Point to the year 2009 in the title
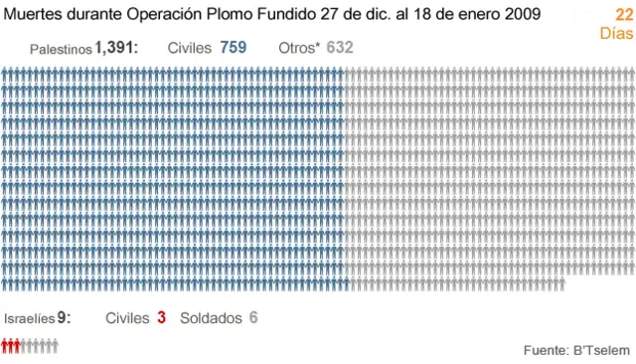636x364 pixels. coord(523,14)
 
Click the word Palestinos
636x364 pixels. coord(62,49)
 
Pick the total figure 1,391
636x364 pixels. coord(115,48)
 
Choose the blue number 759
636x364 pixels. coord(233,48)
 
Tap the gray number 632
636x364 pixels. coord(340,48)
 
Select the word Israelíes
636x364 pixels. coord(30,319)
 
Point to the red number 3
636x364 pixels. coord(161,318)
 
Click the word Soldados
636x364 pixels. coord(211,318)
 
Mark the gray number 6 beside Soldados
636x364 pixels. coord(253,318)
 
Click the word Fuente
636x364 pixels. coord(546,350)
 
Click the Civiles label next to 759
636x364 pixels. coord(190,48)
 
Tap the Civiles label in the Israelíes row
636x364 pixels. coord(127,318)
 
